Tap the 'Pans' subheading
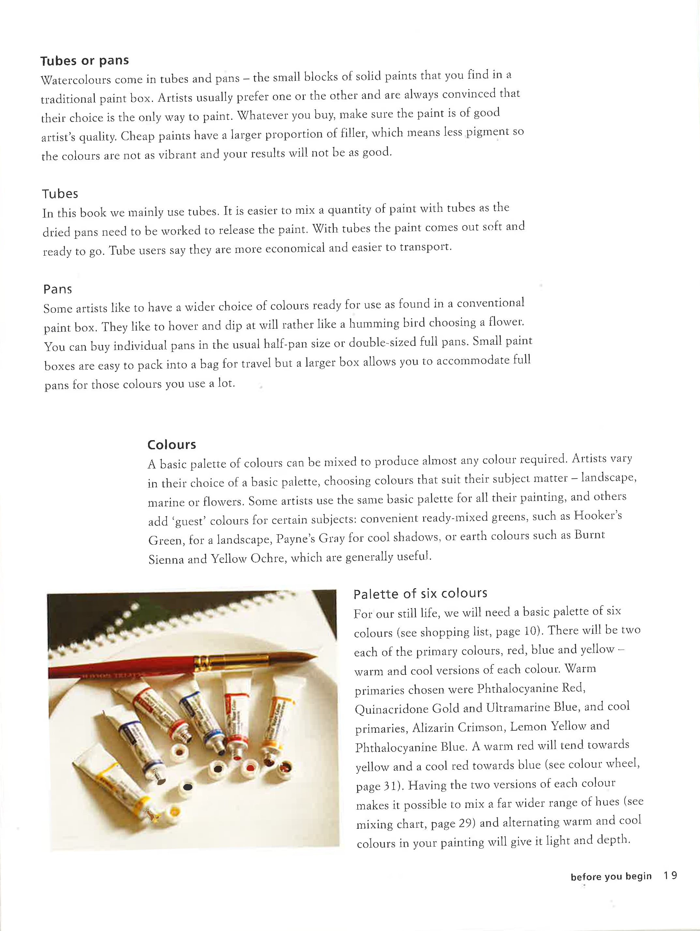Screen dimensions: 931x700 pyautogui.click(x=58, y=290)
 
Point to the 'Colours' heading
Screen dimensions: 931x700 pyautogui.click(x=172, y=445)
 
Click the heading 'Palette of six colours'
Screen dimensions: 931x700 pyautogui.click(x=420, y=594)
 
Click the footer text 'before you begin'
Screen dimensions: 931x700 pyautogui.click(x=611, y=877)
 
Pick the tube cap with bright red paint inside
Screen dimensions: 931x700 pyautogui.click(x=250, y=768)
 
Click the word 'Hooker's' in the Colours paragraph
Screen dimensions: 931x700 pyautogui.click(x=598, y=516)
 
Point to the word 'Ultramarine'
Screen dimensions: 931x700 pyautogui.click(x=518, y=708)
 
